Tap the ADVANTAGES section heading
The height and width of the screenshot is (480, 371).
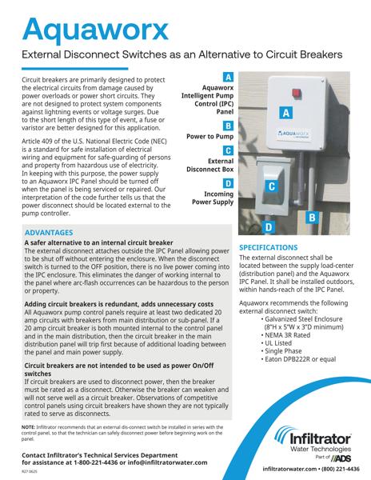(54, 233)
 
